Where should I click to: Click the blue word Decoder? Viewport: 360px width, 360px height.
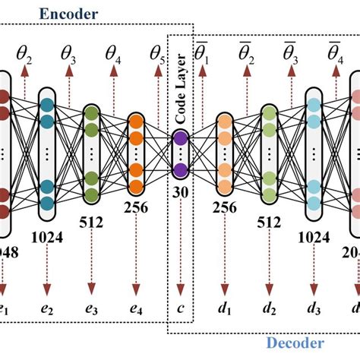pyautogui.click(x=295, y=343)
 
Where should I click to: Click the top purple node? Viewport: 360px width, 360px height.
pyautogui.click(x=180, y=137)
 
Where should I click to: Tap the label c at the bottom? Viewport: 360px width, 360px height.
pyautogui.click(x=180, y=311)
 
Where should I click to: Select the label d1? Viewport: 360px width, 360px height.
pyautogui.click(x=225, y=310)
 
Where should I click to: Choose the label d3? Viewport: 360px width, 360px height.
pyautogui.click(x=314, y=310)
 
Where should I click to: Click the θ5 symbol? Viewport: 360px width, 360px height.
pyautogui.click(x=158, y=54)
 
